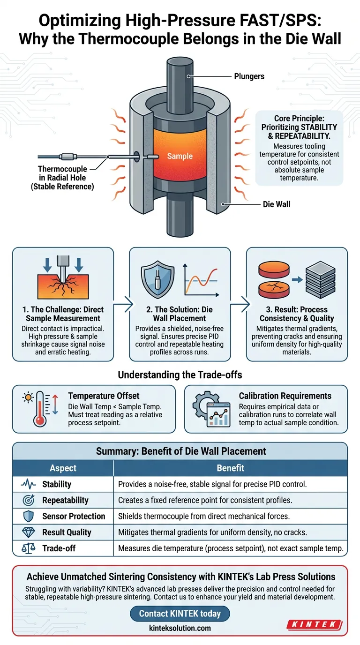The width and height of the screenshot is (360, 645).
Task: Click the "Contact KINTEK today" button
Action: pos(180,614)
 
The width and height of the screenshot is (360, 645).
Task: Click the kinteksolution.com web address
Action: pos(180,628)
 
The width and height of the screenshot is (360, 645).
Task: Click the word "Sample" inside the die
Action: pos(180,156)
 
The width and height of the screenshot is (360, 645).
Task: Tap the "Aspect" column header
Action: pos(63,468)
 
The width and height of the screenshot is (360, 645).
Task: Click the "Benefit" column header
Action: pos(230,468)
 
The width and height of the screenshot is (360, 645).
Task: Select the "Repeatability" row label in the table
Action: pos(66,500)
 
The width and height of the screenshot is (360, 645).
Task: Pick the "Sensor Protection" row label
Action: pos(74,516)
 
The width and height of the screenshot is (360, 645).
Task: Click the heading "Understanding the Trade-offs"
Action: pos(180,375)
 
